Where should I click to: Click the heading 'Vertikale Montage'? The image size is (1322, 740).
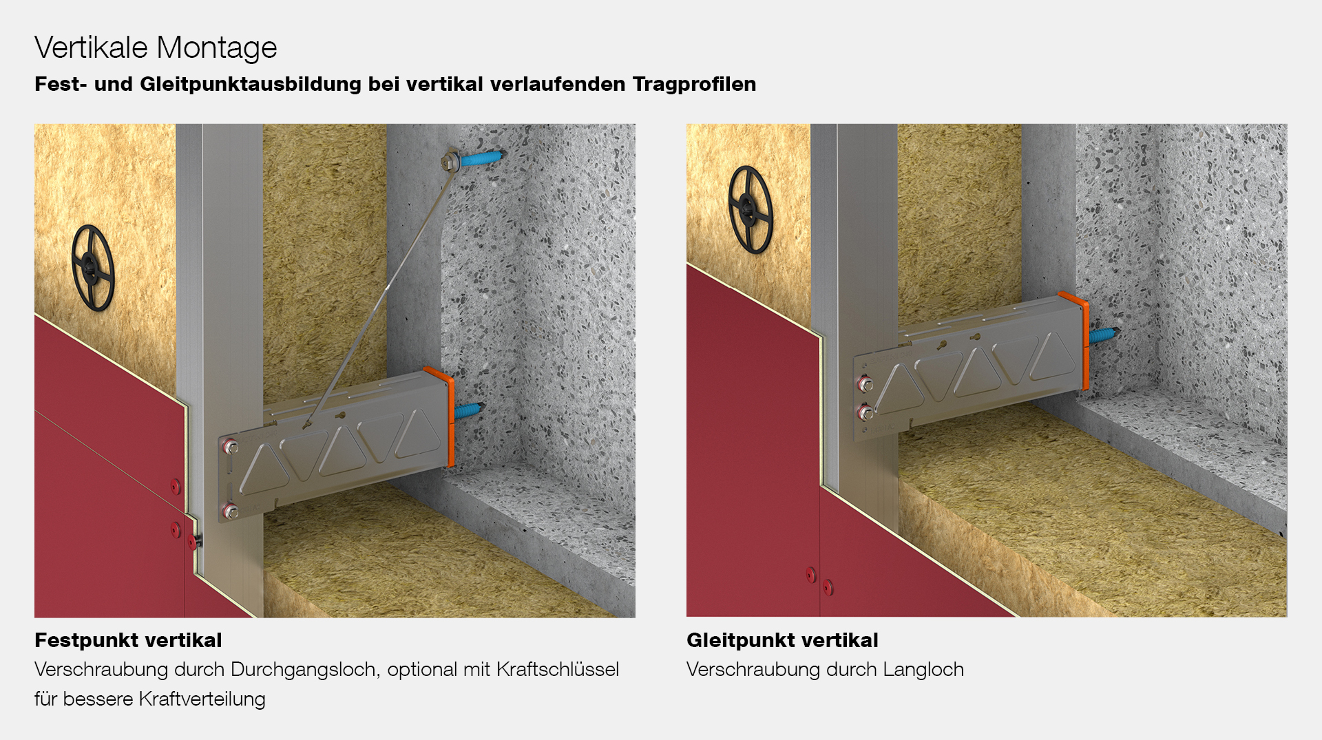(156, 47)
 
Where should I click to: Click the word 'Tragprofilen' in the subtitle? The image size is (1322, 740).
(694, 84)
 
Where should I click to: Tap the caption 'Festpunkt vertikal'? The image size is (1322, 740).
(128, 640)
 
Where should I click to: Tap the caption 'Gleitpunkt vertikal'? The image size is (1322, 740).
(782, 640)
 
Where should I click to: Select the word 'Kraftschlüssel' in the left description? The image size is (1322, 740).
(558, 669)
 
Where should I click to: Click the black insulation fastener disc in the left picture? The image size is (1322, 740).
(92, 267)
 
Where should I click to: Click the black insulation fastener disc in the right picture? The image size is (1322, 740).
(750, 209)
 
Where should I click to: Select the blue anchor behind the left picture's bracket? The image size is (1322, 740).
(470, 411)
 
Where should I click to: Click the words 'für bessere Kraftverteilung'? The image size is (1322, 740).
(150, 699)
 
